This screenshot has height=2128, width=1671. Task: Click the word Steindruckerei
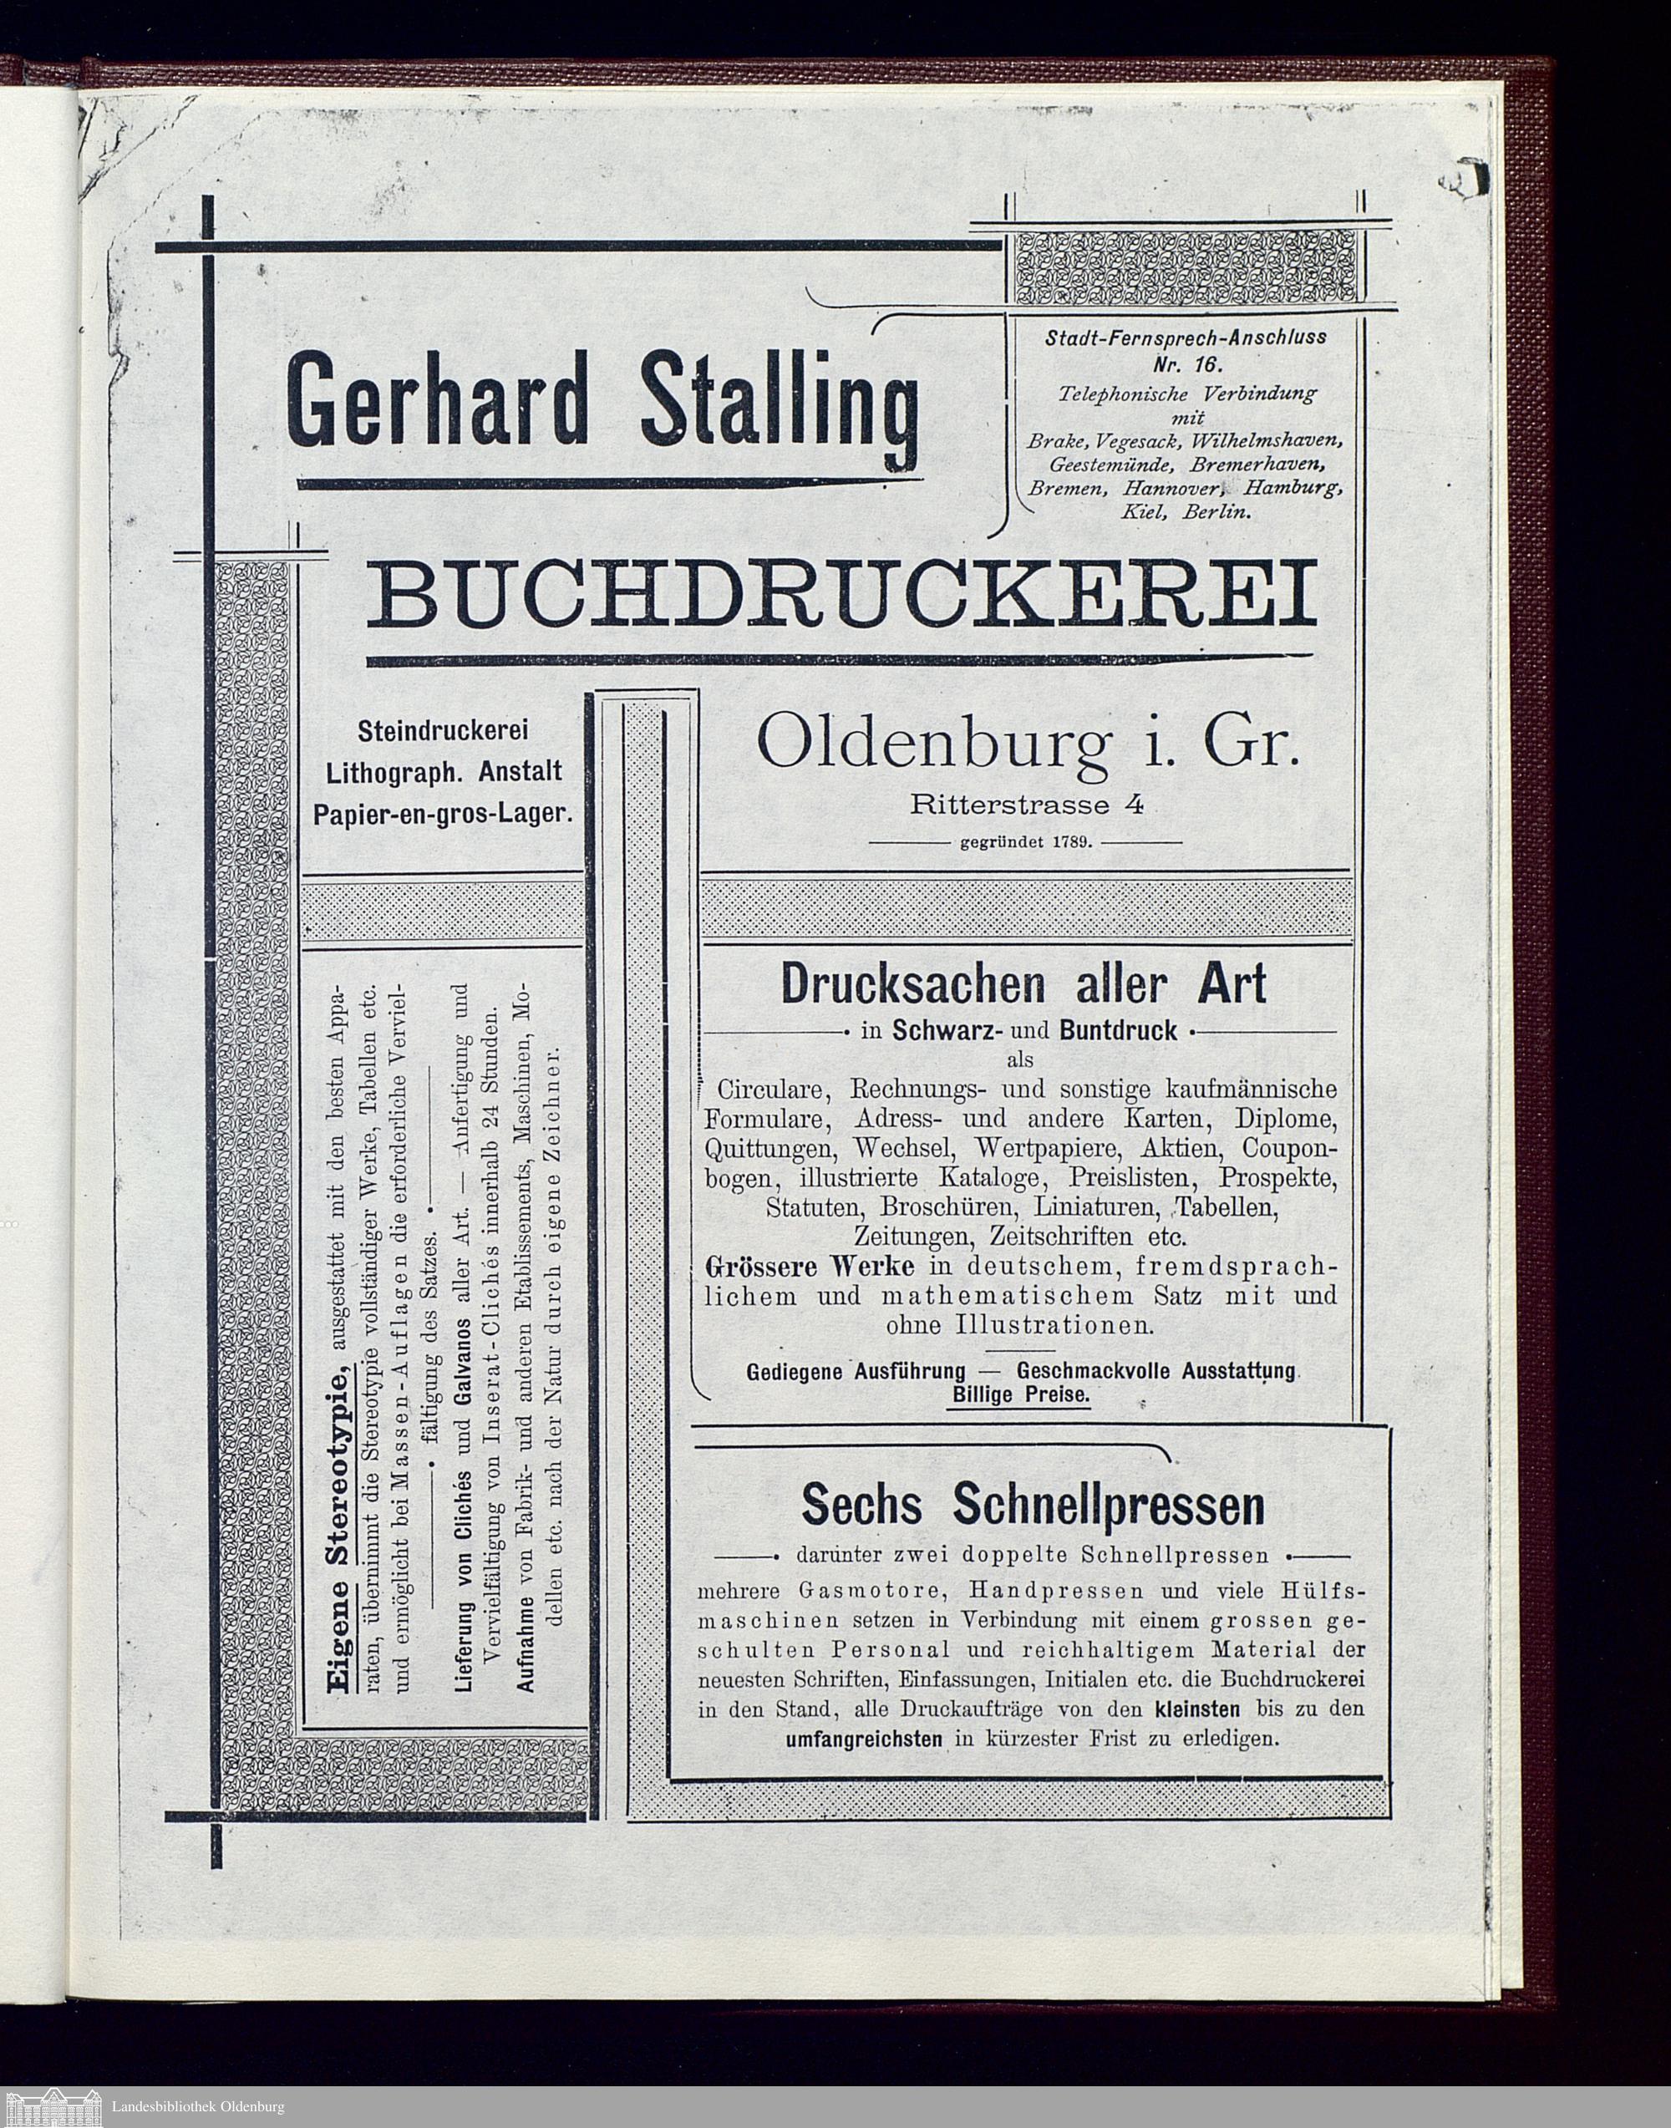point(443,731)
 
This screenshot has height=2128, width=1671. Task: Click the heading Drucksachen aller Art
point(1023,985)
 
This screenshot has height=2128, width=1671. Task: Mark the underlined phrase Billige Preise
point(1018,1396)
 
